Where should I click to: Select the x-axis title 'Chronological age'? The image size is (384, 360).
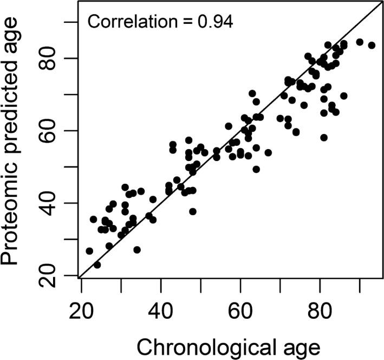[x=230, y=345]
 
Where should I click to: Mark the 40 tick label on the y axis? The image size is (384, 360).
[x=55, y=203]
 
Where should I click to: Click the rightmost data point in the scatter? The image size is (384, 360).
[x=372, y=45]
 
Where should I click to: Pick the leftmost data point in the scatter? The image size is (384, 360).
[x=89, y=251]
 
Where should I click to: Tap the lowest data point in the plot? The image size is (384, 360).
[x=97, y=265]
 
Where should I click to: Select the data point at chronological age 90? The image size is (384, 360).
[x=360, y=42]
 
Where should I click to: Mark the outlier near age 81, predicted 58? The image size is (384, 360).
[x=324, y=138]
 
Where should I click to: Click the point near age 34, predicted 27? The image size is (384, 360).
[x=137, y=250]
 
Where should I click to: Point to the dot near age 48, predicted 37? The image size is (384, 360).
[x=193, y=211]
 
